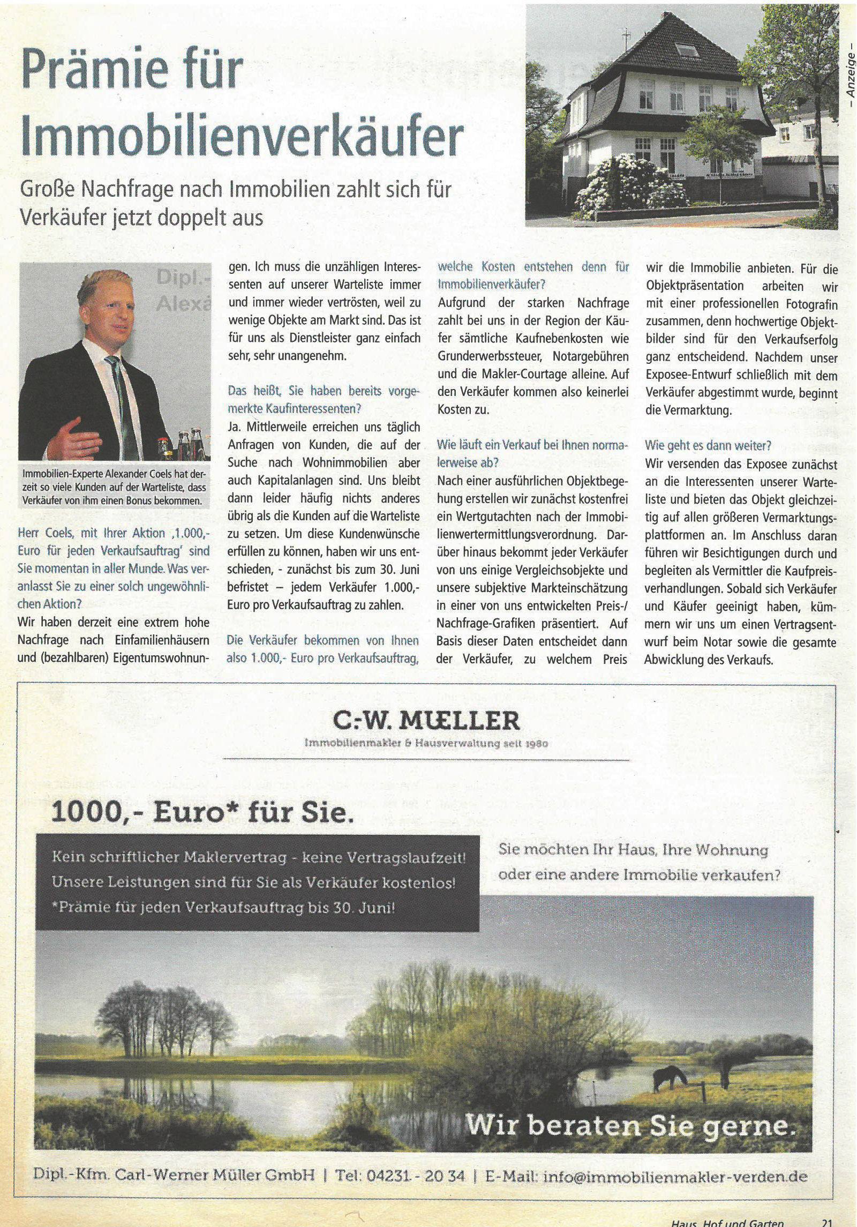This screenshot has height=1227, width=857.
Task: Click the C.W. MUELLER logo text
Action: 426,721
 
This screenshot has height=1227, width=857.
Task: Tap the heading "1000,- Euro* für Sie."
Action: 203,813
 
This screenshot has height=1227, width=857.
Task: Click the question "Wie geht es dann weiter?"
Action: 708,445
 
